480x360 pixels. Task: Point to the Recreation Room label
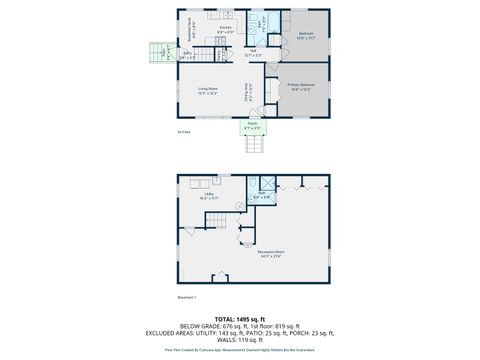click(270, 252)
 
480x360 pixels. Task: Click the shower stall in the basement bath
click(268, 184)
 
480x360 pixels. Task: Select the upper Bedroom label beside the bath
click(306, 34)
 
